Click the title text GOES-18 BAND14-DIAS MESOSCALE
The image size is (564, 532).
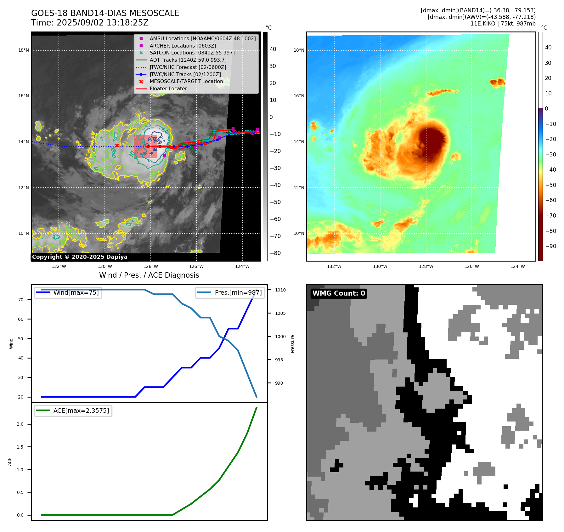(x=105, y=13)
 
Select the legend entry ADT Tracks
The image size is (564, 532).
(x=188, y=60)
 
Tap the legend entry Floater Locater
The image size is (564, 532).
(x=168, y=89)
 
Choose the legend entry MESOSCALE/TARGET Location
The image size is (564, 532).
(x=186, y=82)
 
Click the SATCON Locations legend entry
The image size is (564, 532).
(x=192, y=53)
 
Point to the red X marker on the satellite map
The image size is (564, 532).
(x=117, y=145)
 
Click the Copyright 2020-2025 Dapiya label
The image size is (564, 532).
(x=80, y=257)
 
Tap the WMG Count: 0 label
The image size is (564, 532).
(x=339, y=293)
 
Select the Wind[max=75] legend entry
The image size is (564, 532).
(x=76, y=292)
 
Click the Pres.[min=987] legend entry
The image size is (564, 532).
(x=238, y=292)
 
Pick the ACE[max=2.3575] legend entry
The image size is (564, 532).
(x=81, y=410)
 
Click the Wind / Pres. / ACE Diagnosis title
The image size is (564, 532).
(x=149, y=275)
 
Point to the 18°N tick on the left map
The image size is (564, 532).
(x=24, y=50)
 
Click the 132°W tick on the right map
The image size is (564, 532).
(x=334, y=266)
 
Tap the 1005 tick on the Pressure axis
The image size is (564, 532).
(x=280, y=313)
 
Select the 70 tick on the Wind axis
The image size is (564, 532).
(x=21, y=300)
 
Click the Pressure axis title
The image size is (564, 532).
(x=292, y=343)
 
